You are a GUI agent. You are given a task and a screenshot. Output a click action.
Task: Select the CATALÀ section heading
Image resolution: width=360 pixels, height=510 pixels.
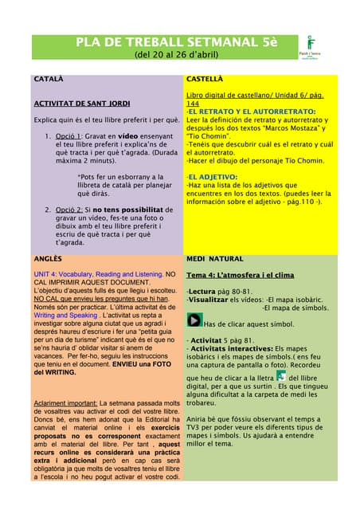pos(48,80)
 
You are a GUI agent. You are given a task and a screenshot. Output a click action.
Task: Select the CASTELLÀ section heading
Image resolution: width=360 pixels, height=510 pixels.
pos(205,80)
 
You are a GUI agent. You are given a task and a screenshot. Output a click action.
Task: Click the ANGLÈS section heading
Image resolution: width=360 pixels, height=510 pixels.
pos(48,259)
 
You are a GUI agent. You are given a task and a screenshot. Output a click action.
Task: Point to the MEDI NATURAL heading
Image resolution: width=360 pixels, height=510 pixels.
pos(215,259)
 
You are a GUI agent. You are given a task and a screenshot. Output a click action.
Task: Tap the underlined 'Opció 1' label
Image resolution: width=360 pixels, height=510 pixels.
pos(69,135)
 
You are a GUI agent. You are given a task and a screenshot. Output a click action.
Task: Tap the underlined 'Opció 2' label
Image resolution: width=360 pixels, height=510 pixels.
pos(69,209)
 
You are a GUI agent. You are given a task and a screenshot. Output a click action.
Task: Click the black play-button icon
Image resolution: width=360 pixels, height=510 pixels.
pos(194,320)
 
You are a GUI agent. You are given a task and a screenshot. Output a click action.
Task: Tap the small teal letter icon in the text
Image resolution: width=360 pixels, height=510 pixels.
pos(280,375)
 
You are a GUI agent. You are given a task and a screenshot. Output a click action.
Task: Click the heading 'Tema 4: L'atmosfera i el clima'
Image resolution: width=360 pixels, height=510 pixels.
pos(240,275)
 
